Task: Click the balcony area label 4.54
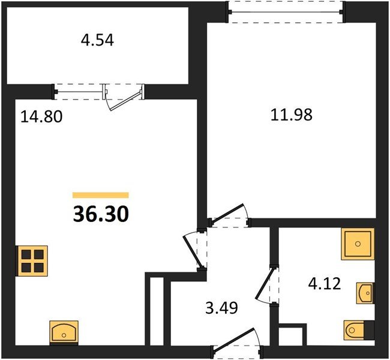(x=97, y=40)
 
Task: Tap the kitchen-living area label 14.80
(x=41, y=117)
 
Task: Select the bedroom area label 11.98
(x=291, y=115)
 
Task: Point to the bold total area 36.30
(x=101, y=214)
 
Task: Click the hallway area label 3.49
(x=222, y=308)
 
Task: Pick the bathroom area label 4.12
(x=325, y=284)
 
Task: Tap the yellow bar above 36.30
(x=100, y=195)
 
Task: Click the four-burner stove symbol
(x=32, y=261)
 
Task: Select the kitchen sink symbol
(x=64, y=333)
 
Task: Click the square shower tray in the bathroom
(x=358, y=244)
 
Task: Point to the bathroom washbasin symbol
(x=365, y=293)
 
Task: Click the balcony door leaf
(x=126, y=101)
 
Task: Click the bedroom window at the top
(x=286, y=12)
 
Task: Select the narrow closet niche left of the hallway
(x=157, y=311)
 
